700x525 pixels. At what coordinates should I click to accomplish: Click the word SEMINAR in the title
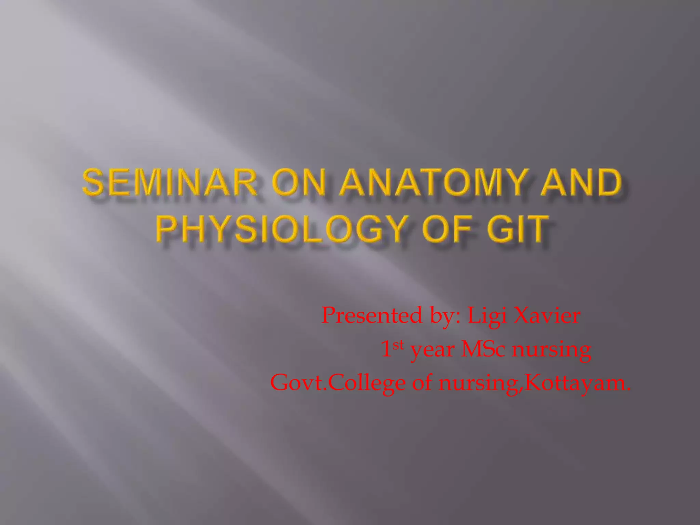click(169, 183)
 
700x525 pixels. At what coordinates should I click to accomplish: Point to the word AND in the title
click(581, 183)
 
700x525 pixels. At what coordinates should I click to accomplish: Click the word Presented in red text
click(372, 315)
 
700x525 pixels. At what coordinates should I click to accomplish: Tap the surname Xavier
click(547, 315)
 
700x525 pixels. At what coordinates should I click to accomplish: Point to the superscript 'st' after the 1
click(398, 345)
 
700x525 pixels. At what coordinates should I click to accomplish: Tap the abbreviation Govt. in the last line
click(299, 382)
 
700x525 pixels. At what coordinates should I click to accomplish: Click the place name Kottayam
click(578, 382)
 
